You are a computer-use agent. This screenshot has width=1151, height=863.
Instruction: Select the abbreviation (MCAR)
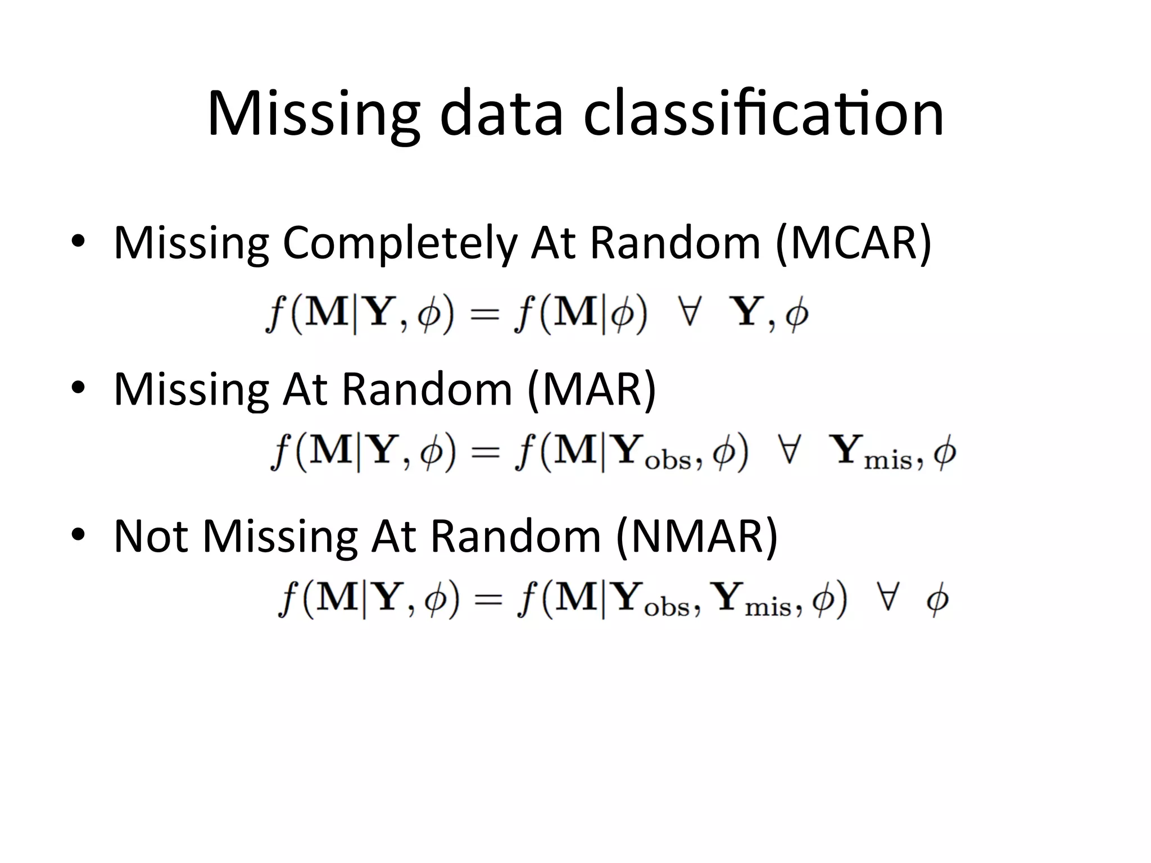coord(853,243)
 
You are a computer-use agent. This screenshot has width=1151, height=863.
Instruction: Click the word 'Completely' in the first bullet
coord(399,244)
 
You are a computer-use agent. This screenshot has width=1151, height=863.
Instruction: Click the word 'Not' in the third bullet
coord(151,537)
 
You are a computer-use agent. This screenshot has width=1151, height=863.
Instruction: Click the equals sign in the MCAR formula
coord(484,315)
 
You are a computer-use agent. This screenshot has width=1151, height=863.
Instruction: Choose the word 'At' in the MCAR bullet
coord(554,244)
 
